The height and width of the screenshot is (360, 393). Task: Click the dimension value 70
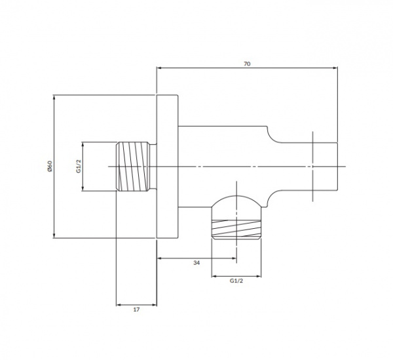tap(247, 64)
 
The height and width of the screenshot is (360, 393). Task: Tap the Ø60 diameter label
tap(50, 166)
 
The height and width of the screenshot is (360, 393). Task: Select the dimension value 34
tap(196, 263)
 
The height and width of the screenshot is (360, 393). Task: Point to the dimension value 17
tap(136, 310)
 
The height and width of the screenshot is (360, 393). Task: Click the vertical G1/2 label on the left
tap(79, 166)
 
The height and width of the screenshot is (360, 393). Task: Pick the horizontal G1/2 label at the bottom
tap(236, 281)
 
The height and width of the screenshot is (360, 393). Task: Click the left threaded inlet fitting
tap(133, 167)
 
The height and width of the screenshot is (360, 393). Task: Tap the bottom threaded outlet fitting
tap(236, 229)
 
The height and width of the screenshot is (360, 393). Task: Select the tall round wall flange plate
tap(167, 167)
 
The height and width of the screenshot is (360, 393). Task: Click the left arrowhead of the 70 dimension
tap(159, 68)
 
